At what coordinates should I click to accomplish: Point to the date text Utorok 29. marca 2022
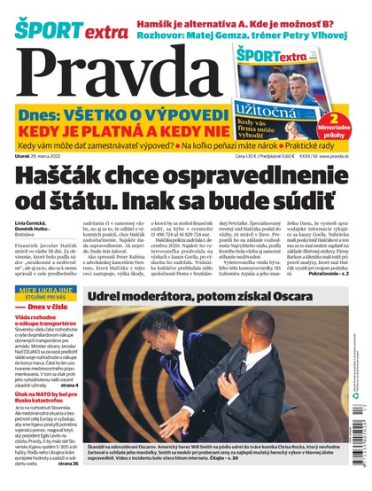click(x=43, y=157)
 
